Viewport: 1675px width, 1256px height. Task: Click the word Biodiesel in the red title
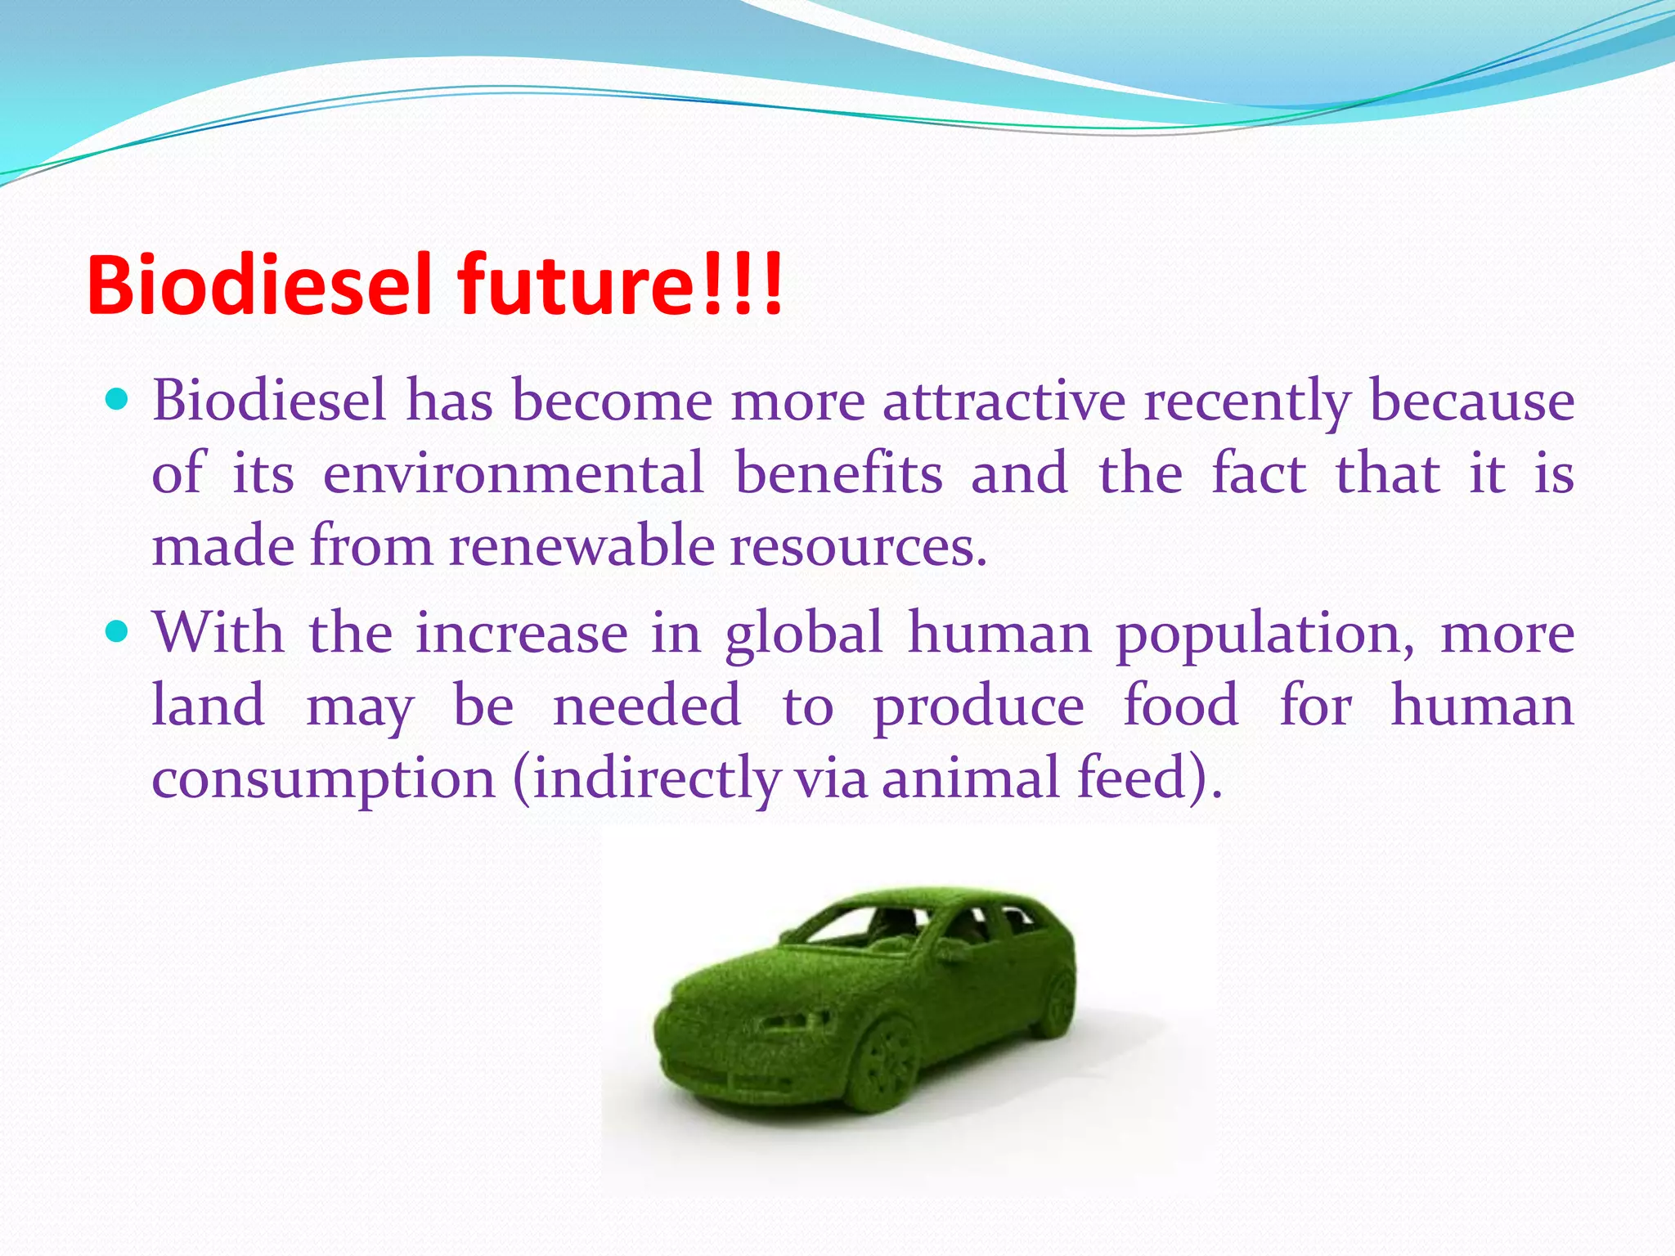(258, 285)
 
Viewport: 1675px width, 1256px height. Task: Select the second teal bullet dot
(118, 631)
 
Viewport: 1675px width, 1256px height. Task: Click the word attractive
(1004, 401)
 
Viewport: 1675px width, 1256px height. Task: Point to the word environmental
(513, 473)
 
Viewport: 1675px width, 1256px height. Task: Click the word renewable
(582, 545)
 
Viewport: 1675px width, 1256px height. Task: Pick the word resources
(858, 545)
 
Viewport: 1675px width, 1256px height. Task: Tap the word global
(803, 634)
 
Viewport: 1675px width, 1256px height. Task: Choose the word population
(1264, 634)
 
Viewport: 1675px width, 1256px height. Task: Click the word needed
(646, 705)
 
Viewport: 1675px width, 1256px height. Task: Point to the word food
(1180, 705)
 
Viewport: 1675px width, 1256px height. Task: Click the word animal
(970, 778)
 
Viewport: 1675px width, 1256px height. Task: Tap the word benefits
(838, 473)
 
